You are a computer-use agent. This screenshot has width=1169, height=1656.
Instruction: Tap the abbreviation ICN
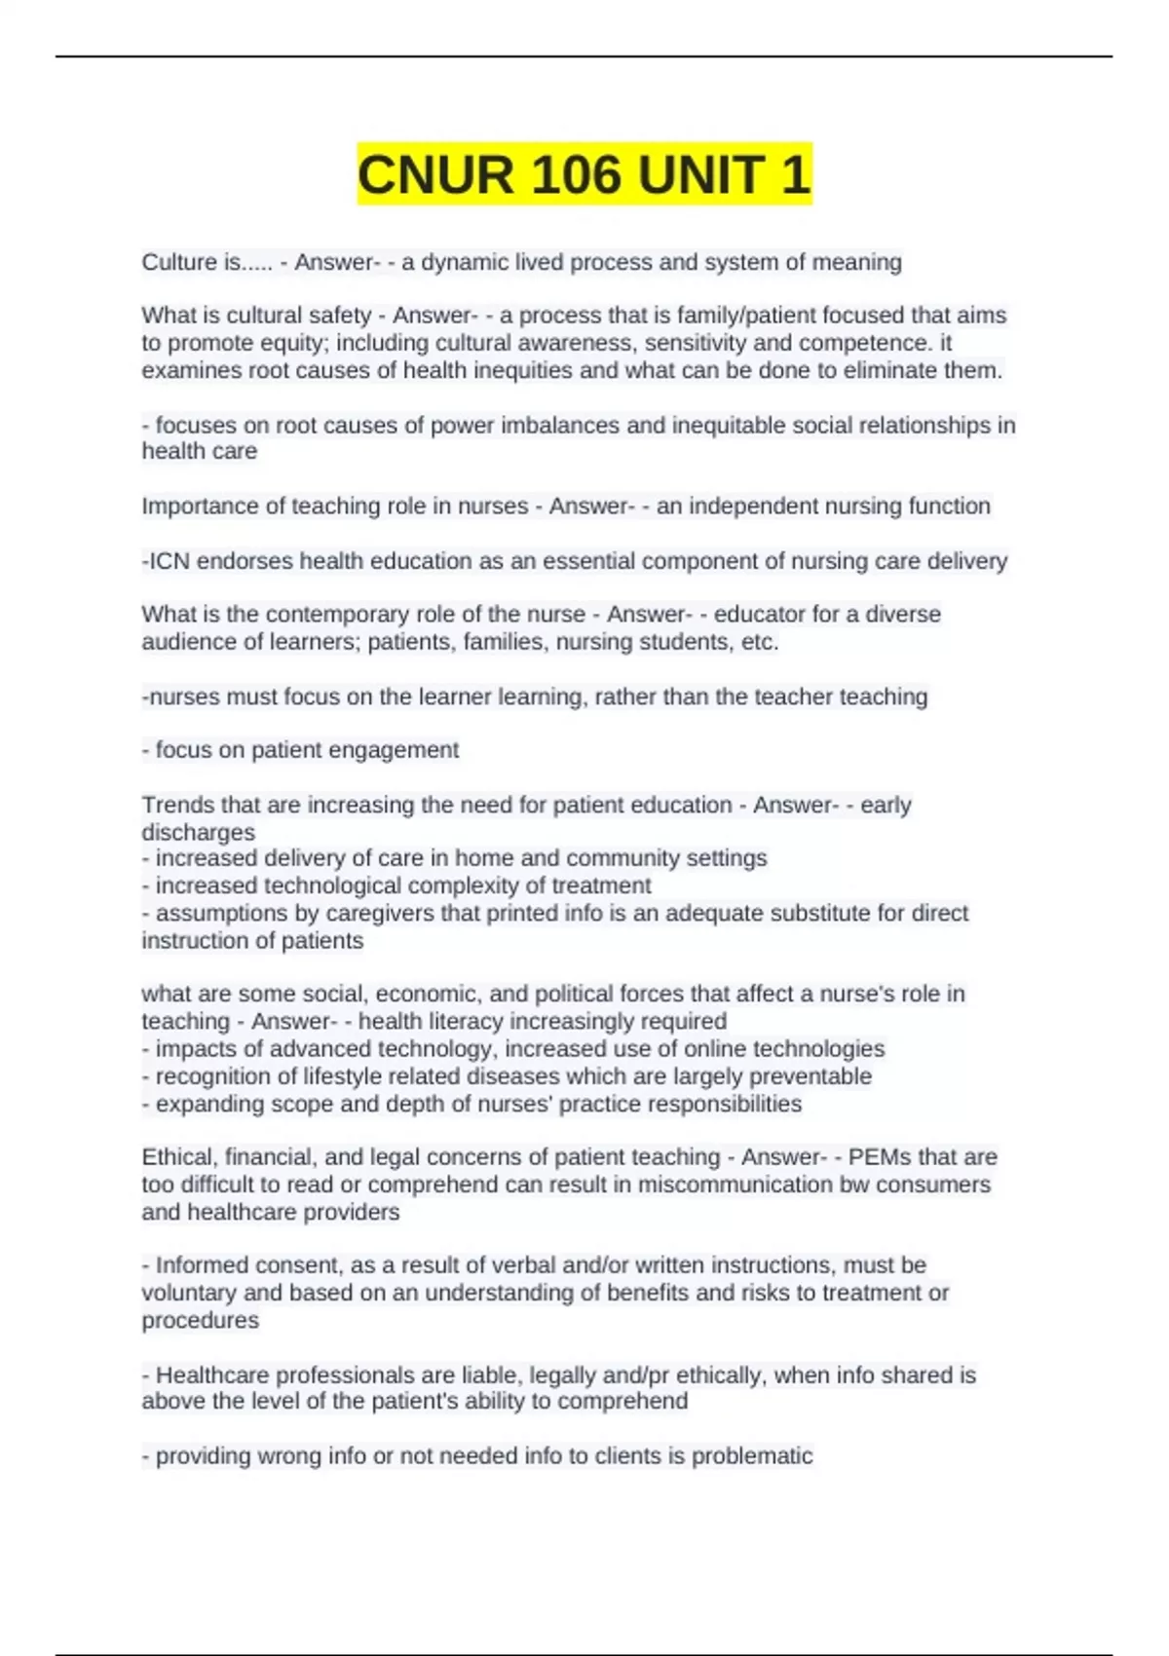coord(168,561)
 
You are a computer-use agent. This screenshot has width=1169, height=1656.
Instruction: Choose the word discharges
coord(199,832)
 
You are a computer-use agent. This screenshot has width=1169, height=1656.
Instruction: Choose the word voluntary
coord(189,1293)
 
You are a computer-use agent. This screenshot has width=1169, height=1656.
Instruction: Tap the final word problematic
coord(751,1456)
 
